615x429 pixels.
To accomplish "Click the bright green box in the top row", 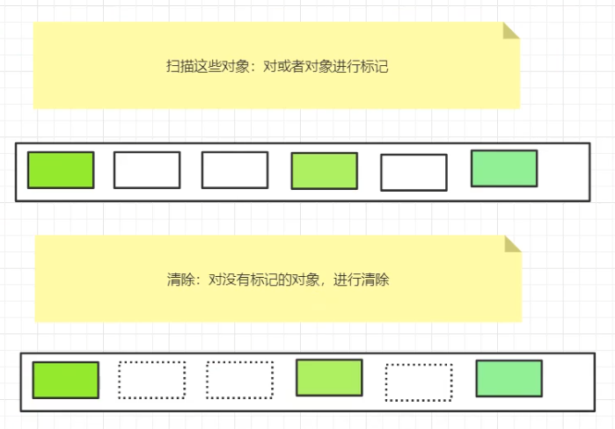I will click(61, 170).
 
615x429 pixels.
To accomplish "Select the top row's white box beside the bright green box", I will click(147, 170).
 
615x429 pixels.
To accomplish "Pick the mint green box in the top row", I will click(504, 169).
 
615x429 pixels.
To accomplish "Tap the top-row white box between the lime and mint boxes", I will click(414, 172).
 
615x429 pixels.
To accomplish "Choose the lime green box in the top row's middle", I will click(325, 171).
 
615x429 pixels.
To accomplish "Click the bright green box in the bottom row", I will click(65, 380).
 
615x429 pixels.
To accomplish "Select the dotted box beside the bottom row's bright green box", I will click(151, 380).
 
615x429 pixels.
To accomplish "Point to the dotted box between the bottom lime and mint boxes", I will click(419, 382).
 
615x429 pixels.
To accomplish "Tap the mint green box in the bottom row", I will click(509, 378).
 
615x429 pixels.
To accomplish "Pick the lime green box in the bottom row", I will click(329, 377).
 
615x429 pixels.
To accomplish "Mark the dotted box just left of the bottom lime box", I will click(240, 380).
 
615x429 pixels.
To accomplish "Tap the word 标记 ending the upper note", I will click(376, 67).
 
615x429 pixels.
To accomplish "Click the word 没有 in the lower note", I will click(235, 280).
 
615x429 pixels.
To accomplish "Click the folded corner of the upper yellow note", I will click(510, 32).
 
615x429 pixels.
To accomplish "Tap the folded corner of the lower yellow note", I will click(512, 244).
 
